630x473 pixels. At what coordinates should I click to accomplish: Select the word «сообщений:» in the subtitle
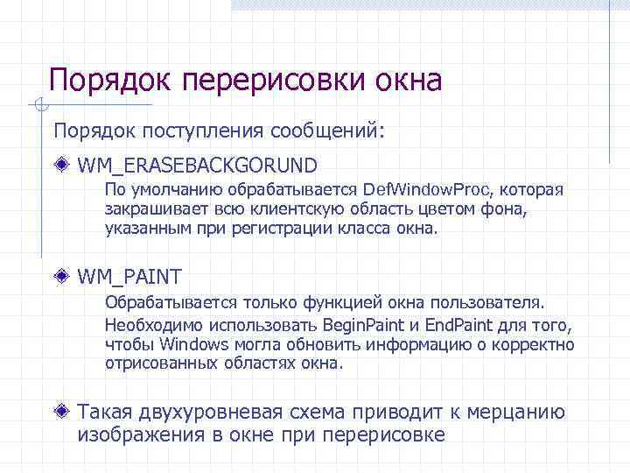pyautogui.click(x=327, y=131)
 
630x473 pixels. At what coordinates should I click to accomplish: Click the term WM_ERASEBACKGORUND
pyautogui.click(x=197, y=165)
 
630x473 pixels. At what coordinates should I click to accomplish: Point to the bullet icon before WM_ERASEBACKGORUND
pyautogui.click(x=61, y=164)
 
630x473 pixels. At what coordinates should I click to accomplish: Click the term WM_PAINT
pyautogui.click(x=129, y=277)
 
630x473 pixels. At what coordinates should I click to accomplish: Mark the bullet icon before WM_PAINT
pyautogui.click(x=61, y=276)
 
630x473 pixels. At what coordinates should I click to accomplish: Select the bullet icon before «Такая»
pyautogui.click(x=61, y=411)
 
